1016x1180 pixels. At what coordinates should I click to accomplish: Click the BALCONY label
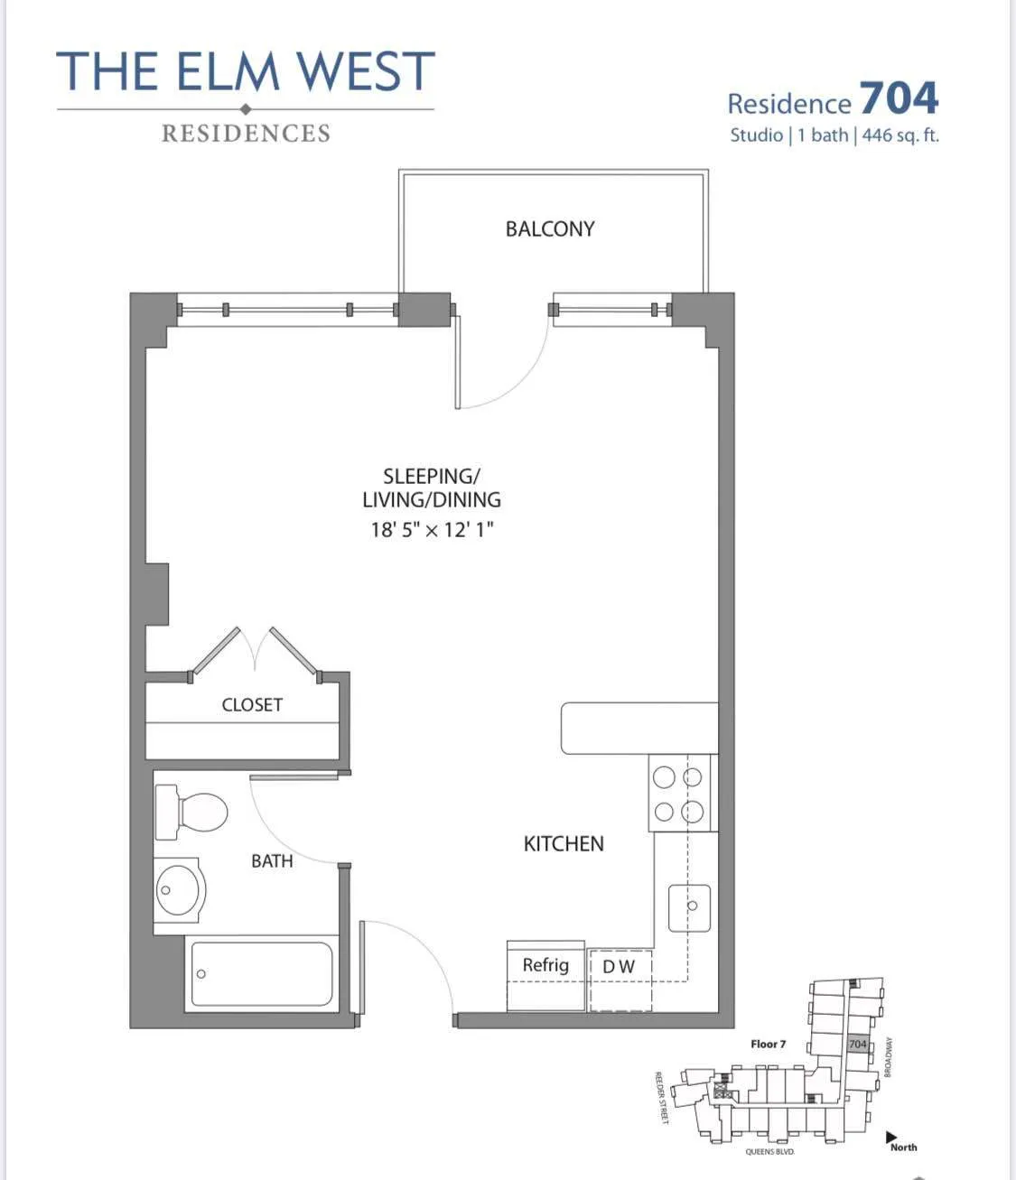point(550,229)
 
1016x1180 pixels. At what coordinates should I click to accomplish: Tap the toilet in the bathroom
point(192,813)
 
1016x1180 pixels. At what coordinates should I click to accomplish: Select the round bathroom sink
point(179,890)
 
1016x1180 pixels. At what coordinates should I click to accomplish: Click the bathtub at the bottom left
point(261,974)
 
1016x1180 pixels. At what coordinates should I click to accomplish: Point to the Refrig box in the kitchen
point(545,966)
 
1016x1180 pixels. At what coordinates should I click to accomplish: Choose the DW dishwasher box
point(620,967)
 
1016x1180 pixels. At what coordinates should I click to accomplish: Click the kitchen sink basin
point(689,907)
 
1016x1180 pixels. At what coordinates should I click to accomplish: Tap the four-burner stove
point(679,794)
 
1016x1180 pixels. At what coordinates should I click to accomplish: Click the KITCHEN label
point(564,844)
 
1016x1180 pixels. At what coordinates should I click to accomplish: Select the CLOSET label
point(252,705)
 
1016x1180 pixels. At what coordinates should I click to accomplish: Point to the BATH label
point(272,861)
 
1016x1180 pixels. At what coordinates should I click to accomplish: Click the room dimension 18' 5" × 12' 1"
point(432,530)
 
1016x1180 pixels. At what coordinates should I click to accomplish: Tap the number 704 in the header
point(899,98)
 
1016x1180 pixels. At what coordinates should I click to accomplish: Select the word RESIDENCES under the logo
point(246,134)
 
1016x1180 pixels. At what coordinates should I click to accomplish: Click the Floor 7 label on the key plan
point(768,1044)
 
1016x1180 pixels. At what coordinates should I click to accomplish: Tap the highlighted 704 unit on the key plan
point(857,1044)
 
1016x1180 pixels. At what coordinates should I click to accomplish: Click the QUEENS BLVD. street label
point(769,1152)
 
